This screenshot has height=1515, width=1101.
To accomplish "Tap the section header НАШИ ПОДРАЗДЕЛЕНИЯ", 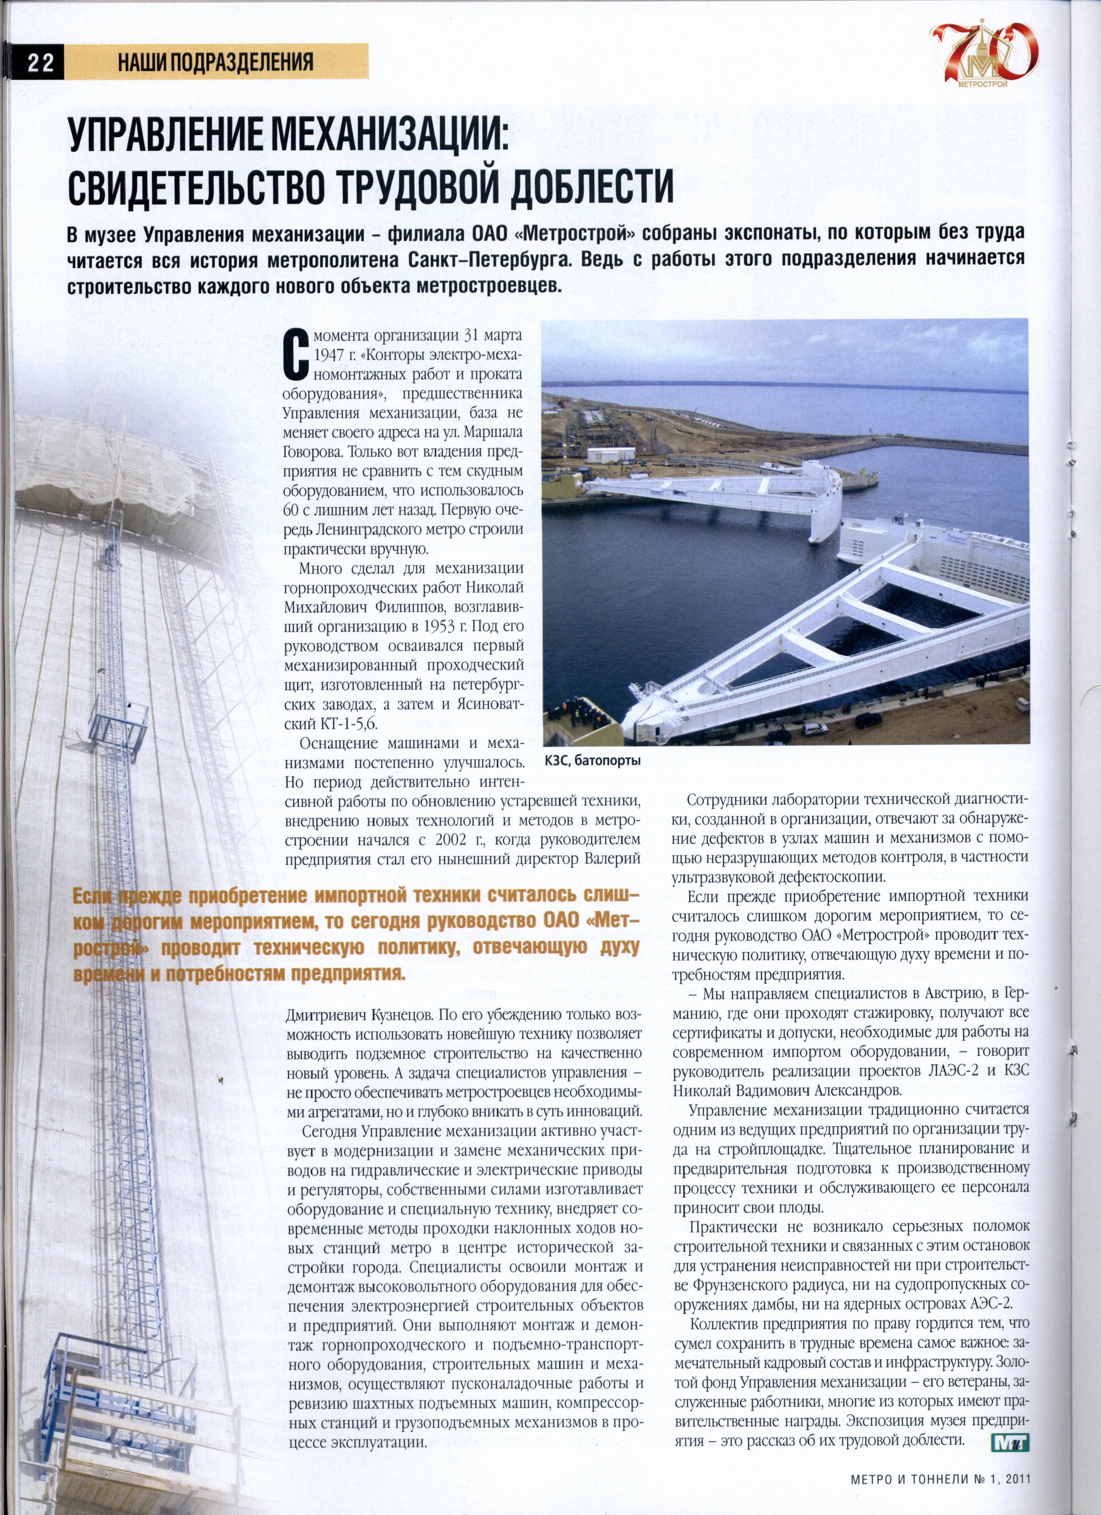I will (x=215, y=63).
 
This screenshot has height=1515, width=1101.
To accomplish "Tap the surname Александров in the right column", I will (x=859, y=1091).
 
